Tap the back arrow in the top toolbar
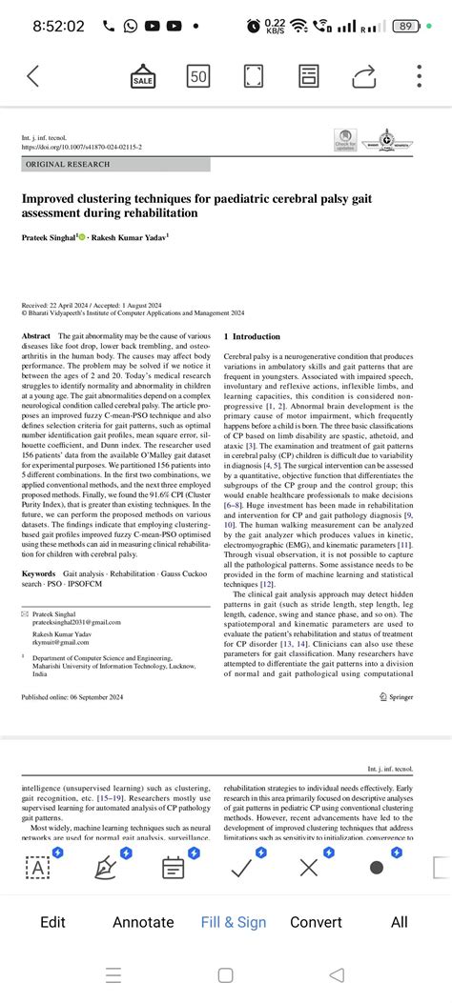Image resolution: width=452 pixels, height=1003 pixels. (x=33, y=76)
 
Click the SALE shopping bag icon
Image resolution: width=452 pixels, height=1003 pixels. (x=143, y=76)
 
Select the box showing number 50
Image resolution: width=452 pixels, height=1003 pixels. (x=198, y=76)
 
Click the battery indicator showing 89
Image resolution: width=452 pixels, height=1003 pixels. (x=408, y=26)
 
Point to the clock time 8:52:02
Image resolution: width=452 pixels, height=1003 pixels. (x=58, y=26)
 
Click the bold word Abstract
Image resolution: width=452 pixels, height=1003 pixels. (x=35, y=337)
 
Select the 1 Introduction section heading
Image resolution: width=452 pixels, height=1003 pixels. (x=253, y=337)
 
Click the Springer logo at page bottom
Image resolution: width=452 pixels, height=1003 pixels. (x=409, y=670)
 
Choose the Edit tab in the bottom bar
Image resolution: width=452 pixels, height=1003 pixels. (x=53, y=922)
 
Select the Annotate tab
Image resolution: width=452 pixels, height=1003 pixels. (x=143, y=922)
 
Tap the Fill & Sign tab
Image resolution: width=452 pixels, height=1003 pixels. (x=234, y=922)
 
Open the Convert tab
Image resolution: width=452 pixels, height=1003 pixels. (x=316, y=922)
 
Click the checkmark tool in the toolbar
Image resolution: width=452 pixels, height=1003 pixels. (x=241, y=868)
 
